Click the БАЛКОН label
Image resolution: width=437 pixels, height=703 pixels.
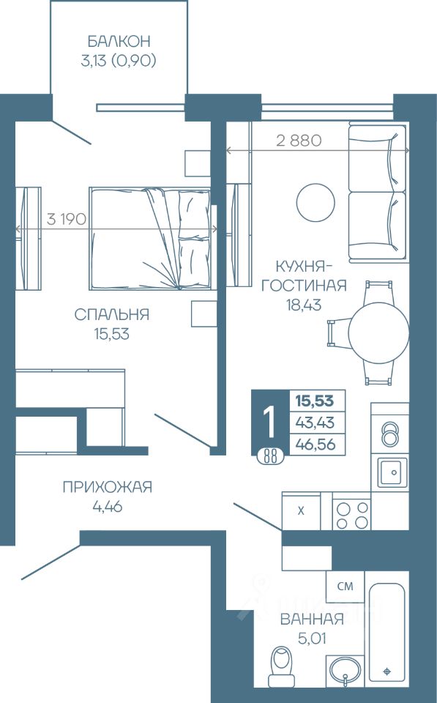tap(119, 41)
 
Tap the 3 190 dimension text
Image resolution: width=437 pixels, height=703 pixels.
tap(66, 219)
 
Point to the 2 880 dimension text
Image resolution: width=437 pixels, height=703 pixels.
tap(299, 141)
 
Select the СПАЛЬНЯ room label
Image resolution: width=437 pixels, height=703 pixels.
tap(111, 314)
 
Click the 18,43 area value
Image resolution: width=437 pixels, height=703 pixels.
tap(304, 305)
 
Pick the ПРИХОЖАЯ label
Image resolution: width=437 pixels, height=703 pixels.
tap(108, 487)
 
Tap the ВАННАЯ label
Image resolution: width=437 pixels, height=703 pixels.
tap(312, 620)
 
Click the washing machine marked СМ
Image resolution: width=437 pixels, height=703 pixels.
tap(345, 587)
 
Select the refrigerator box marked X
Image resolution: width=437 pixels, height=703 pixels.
tap(301, 510)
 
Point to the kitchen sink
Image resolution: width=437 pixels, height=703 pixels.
tap(392, 472)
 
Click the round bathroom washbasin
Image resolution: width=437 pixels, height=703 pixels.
tap(345, 672)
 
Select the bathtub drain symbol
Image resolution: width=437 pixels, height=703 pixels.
tap(388, 672)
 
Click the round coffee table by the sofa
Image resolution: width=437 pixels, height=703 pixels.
tap(315, 202)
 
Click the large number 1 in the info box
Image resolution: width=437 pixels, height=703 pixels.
tap(270, 423)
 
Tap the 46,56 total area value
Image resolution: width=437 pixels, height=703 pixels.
tap(318, 445)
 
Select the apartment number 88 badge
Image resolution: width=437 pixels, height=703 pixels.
tap(270, 457)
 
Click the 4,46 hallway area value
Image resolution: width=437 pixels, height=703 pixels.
tap(108, 507)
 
